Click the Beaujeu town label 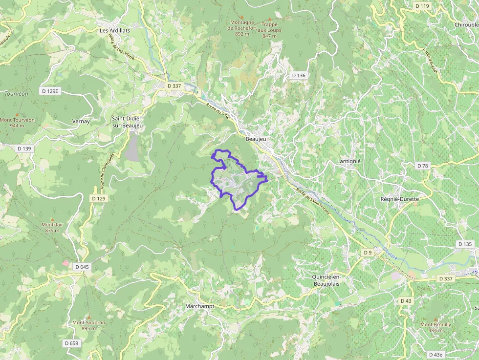256,139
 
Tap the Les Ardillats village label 115,30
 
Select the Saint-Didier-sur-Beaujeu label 127,122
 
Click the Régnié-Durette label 399,199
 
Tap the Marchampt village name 199,306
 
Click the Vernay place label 81,121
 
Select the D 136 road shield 298,75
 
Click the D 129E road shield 50,91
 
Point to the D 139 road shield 24,148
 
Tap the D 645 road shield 82,267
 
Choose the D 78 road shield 422,166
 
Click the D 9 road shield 368,252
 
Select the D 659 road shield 71,343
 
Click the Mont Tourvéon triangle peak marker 17,114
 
